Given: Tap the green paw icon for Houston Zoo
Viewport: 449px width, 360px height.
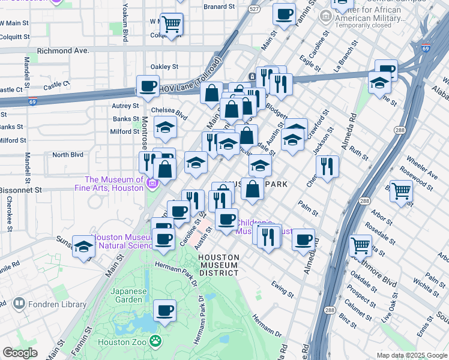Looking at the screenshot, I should point(155,341).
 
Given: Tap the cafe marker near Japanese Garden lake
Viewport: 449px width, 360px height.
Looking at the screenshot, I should point(164,311).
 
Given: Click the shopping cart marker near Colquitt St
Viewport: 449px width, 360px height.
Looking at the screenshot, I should point(171,25).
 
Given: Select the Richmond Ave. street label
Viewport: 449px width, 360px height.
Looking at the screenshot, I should point(63,51).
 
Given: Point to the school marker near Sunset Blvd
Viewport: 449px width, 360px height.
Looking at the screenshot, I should point(83,246).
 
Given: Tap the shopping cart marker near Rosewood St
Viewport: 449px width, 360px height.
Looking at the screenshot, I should point(401,191).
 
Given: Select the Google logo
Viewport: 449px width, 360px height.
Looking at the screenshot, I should point(20,353).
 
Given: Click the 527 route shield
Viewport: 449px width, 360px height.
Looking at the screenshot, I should point(255,10).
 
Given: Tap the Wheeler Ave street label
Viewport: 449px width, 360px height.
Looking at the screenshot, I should point(422,168).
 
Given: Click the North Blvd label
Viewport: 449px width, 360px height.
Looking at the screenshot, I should point(67,154).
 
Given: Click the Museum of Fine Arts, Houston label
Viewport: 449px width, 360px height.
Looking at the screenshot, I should point(114,184).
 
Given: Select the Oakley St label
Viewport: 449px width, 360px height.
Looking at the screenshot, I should point(164,67).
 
